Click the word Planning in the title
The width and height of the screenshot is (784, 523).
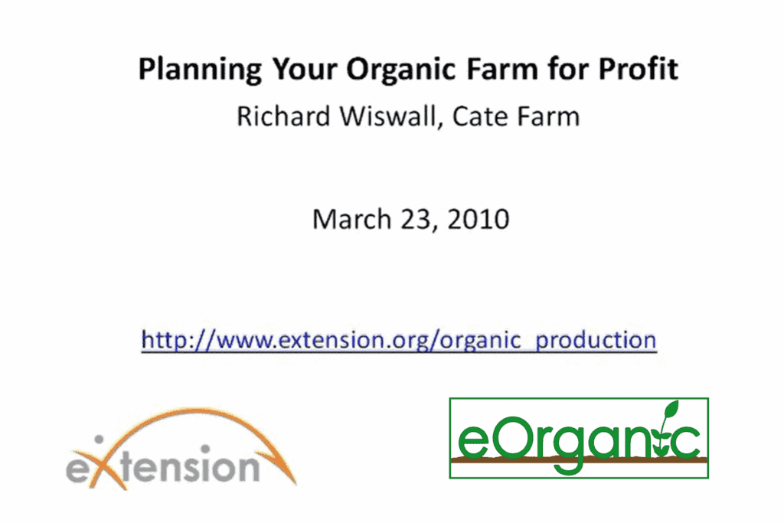pyautogui.click(x=200, y=70)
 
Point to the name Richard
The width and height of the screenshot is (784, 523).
pyautogui.click(x=283, y=116)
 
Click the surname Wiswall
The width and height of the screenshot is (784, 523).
pyautogui.click(x=390, y=117)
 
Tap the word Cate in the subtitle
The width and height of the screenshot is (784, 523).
pyautogui.click(x=481, y=116)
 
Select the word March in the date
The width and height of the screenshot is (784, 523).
pyautogui.click(x=351, y=219)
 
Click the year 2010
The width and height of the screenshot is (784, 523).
pyautogui.click(x=479, y=219)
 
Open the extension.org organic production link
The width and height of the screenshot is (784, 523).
pyautogui.click(x=398, y=341)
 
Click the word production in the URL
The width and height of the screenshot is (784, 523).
pyautogui.click(x=596, y=341)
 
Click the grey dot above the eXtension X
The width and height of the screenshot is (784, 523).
pyautogui.click(x=99, y=440)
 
